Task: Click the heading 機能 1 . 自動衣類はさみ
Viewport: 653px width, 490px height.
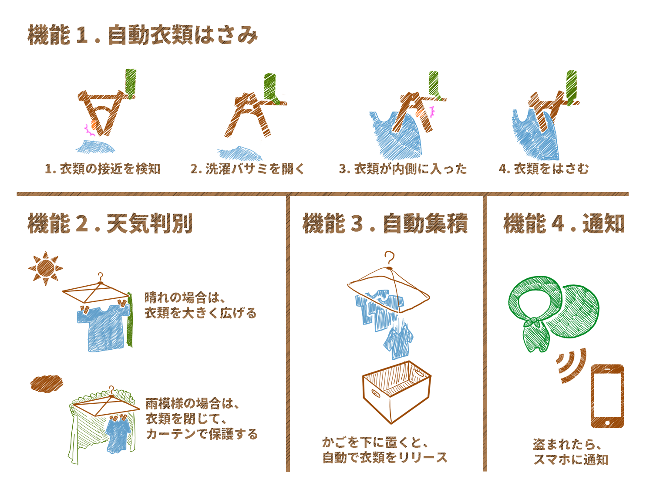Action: (142, 35)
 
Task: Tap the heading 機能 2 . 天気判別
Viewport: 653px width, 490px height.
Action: (110, 223)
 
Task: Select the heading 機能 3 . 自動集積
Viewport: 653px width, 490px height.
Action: (385, 223)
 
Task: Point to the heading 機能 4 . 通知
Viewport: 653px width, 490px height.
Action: (564, 223)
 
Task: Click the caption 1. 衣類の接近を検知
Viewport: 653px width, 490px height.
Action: (102, 169)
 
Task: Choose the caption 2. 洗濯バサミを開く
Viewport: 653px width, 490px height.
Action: (247, 169)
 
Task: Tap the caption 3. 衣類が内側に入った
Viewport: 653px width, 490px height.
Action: (403, 169)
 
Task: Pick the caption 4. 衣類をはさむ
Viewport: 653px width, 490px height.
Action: (544, 169)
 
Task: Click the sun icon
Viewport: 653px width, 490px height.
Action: (46, 268)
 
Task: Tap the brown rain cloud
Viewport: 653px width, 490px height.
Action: (47, 384)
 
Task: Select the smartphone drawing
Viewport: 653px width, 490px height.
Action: (607, 396)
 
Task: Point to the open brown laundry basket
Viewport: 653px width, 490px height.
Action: (397, 392)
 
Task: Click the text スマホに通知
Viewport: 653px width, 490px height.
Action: (571, 460)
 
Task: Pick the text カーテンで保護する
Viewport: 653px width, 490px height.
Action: (202, 434)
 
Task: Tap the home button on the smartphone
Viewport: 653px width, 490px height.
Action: (607, 422)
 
